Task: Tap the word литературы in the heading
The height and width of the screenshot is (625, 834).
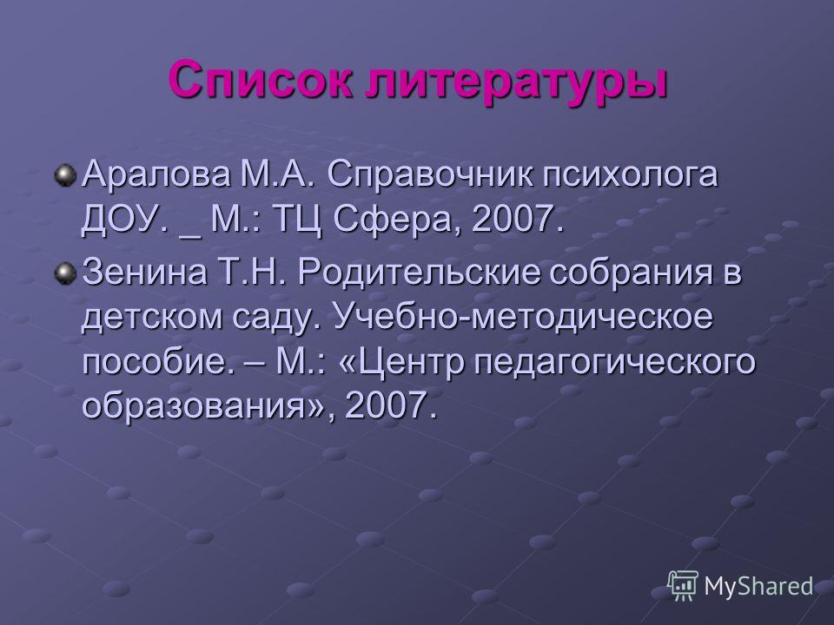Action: (516, 83)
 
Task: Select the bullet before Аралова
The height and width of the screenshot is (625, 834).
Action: (65, 174)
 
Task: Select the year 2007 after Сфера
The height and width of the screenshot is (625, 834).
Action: (517, 219)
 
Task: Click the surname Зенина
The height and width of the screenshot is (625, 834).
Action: (145, 272)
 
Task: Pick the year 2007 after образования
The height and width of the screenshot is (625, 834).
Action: (391, 405)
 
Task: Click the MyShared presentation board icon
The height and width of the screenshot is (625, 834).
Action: (683, 586)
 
